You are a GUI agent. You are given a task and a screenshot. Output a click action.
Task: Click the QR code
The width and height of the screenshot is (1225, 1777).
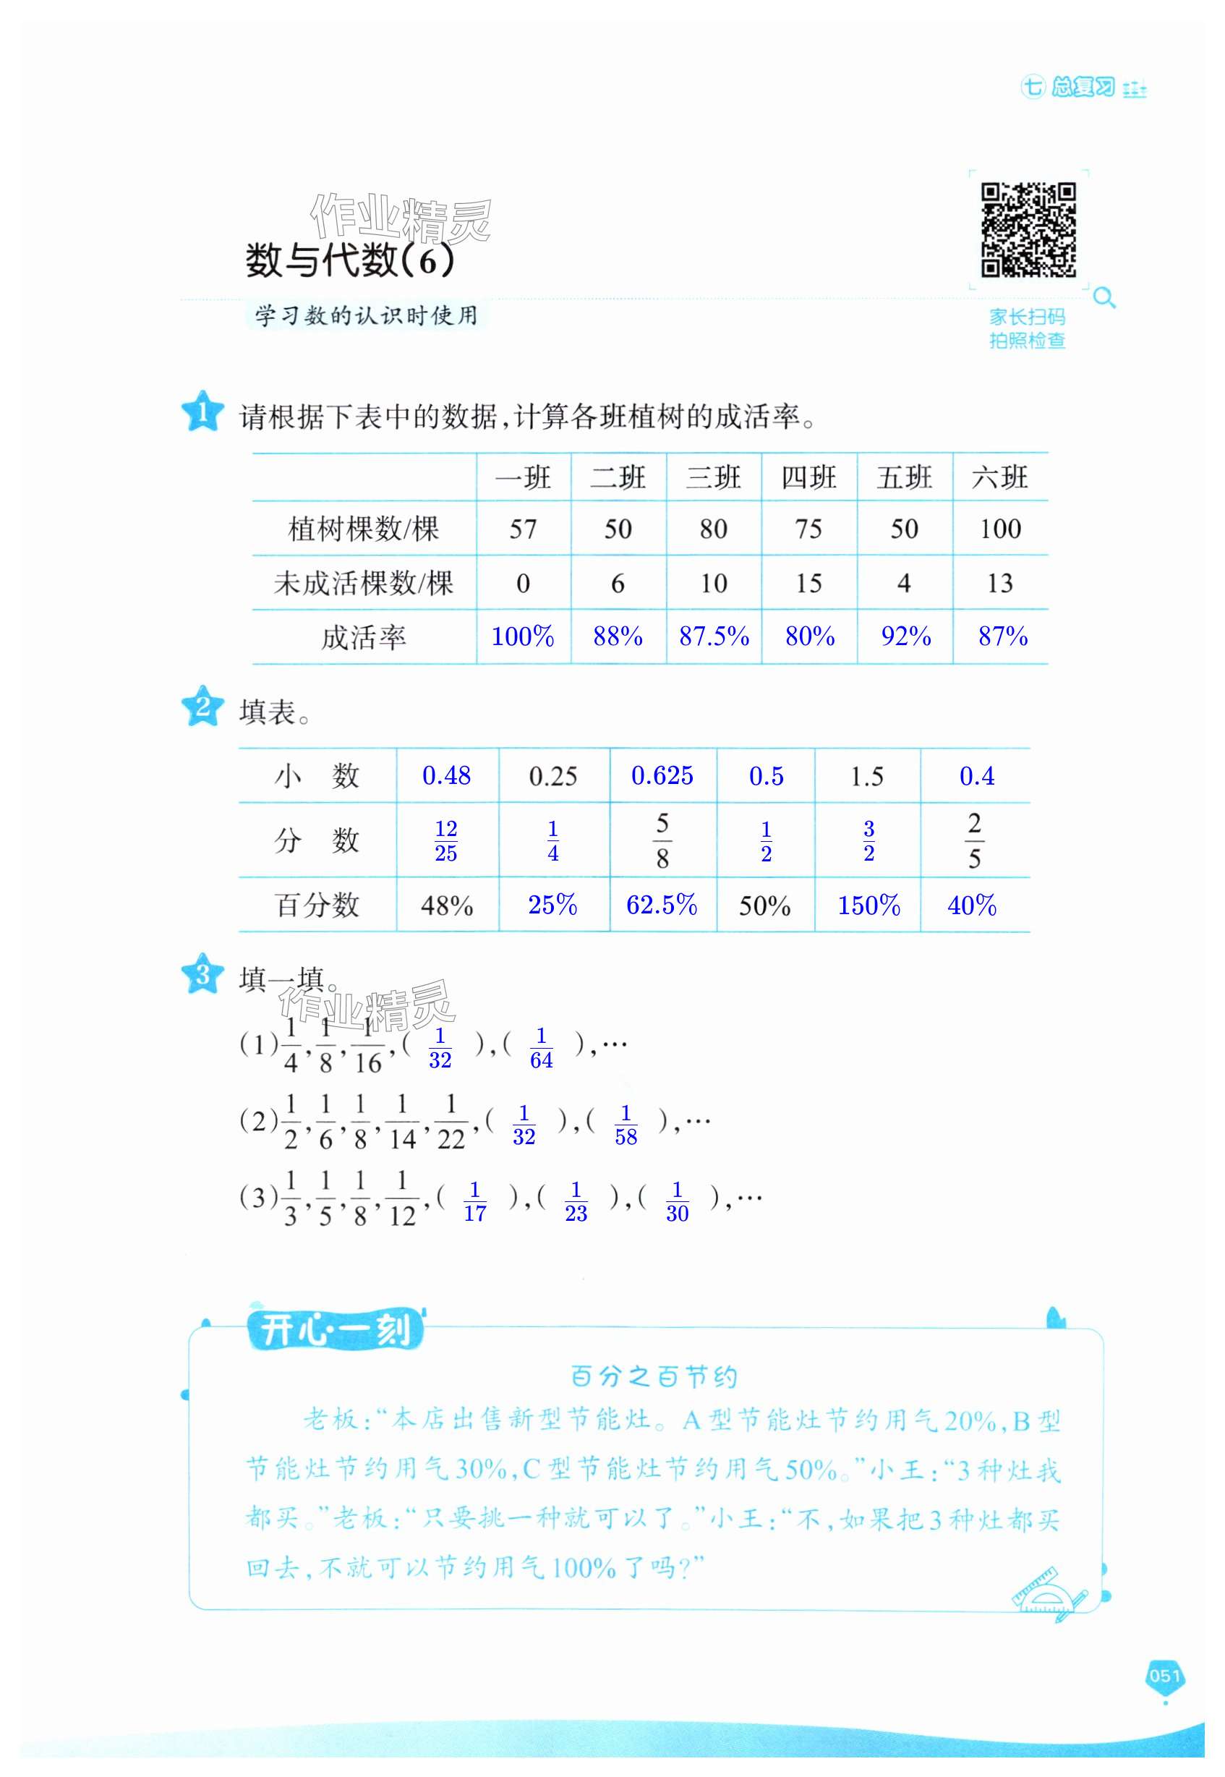1028,229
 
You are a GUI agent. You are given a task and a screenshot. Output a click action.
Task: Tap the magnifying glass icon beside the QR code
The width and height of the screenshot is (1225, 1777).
1104,297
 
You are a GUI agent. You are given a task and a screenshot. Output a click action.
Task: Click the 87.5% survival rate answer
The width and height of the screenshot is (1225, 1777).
714,636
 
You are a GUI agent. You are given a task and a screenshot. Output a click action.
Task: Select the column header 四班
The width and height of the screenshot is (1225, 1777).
808,477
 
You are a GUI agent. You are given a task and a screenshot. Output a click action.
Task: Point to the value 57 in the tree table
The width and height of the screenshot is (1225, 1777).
523,529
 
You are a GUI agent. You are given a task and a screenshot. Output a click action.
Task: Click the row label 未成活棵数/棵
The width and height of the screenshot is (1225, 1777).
363,584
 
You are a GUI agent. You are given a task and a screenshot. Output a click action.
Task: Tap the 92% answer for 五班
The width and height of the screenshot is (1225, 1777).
905,636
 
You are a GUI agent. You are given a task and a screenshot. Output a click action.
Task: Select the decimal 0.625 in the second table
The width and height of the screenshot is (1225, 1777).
662,775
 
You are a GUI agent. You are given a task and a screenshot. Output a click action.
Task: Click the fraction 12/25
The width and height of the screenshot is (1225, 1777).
446,840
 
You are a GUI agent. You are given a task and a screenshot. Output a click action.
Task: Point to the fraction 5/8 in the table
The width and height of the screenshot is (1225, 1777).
662,840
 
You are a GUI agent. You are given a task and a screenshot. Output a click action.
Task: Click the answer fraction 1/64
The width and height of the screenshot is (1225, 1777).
541,1048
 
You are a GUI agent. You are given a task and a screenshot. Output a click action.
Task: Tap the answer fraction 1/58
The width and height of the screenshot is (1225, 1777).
626,1125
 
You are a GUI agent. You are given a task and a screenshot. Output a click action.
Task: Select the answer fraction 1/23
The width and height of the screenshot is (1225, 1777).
576,1201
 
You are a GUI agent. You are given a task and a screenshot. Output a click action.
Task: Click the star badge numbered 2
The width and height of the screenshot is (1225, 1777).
202,706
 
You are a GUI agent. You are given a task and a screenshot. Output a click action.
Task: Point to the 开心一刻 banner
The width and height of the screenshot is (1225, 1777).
336,1330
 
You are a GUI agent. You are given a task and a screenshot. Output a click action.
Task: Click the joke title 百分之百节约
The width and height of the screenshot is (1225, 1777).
654,1377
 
